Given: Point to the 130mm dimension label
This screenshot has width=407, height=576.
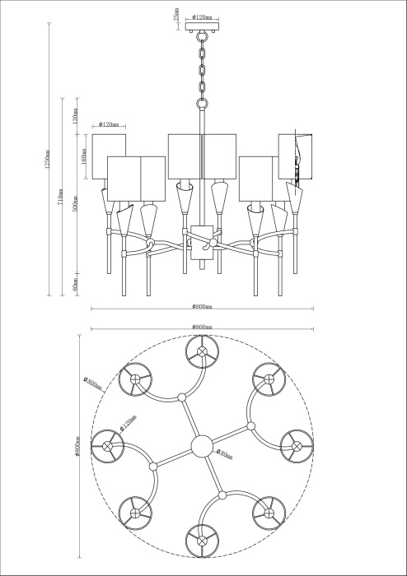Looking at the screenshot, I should pyautogui.click(x=75, y=119).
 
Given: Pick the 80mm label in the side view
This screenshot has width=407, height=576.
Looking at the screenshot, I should pyautogui.click(x=75, y=285).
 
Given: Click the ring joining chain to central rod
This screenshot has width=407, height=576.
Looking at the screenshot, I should pyautogui.click(x=202, y=103).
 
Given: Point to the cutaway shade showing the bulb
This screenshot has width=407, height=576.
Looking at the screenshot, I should pyautogui.click(x=297, y=156).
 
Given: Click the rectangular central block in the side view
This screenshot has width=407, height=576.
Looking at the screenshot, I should pyautogui.click(x=202, y=244).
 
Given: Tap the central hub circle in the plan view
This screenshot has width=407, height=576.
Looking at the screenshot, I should pyautogui.click(x=202, y=446).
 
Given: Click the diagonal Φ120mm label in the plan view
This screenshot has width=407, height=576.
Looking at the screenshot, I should pyautogui.click(x=126, y=426).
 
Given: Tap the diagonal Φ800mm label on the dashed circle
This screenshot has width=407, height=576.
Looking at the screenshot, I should pyautogui.click(x=92, y=383).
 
